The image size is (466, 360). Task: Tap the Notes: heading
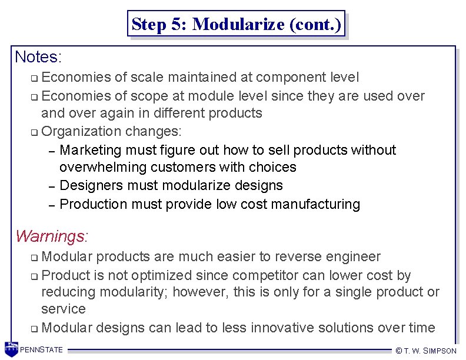click(x=38, y=57)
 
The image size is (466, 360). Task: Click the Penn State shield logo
click(x=11, y=349)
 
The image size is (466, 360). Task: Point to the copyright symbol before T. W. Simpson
click(x=399, y=351)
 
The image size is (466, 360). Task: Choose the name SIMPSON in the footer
click(x=440, y=351)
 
